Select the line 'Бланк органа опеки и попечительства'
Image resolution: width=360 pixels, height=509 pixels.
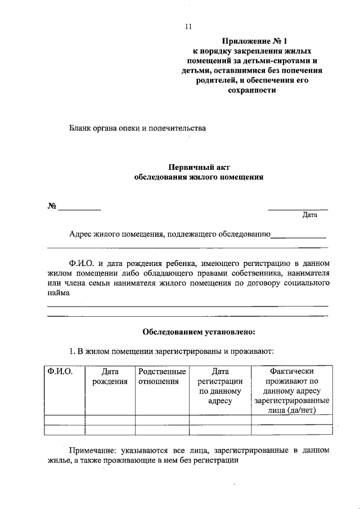pos(137,128)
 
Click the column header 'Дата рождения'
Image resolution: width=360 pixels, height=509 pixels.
pos(110,376)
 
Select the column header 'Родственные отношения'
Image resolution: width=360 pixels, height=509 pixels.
pos(161,376)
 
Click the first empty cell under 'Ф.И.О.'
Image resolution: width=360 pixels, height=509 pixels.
pos(64,420)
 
